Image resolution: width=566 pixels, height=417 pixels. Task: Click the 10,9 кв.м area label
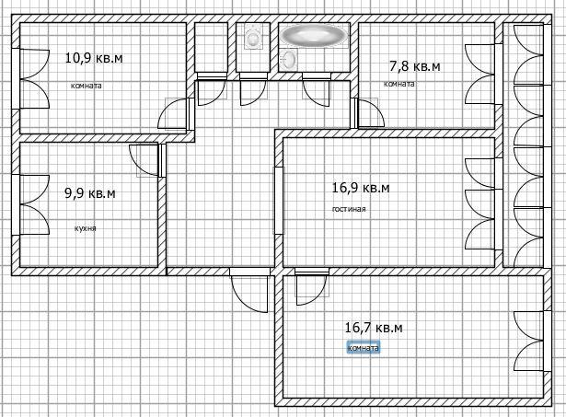coord(94,58)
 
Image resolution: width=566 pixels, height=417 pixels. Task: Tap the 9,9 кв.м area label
coord(90,193)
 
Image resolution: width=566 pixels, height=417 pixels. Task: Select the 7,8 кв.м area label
coord(415,66)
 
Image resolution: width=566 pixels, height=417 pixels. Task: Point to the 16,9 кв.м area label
coord(361,188)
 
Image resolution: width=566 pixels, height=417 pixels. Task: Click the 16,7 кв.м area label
coord(374,328)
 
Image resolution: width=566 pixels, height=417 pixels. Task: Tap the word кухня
coord(86,228)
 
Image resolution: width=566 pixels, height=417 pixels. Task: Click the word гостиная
coord(349,209)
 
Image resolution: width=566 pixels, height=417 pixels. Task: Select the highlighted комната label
coord(364,348)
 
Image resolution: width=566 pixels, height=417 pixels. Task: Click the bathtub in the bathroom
coord(315,35)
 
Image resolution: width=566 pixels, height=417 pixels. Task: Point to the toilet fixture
coord(253,37)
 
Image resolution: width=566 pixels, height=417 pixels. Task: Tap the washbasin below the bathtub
coord(289,58)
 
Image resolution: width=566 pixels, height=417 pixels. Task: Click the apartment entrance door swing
coord(249,291)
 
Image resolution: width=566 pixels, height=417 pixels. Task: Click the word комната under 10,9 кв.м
coord(87,86)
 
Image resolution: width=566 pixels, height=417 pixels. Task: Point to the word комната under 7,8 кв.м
coord(399,84)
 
